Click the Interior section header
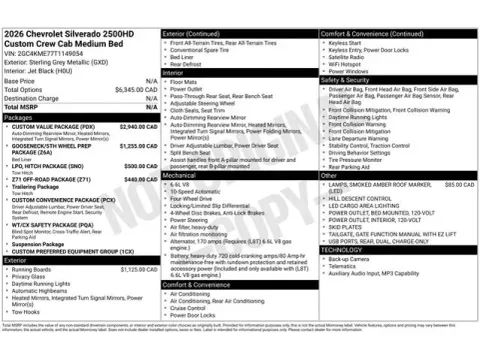click(173, 73)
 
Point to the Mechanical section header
click(179, 174)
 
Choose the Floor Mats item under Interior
click(186, 82)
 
